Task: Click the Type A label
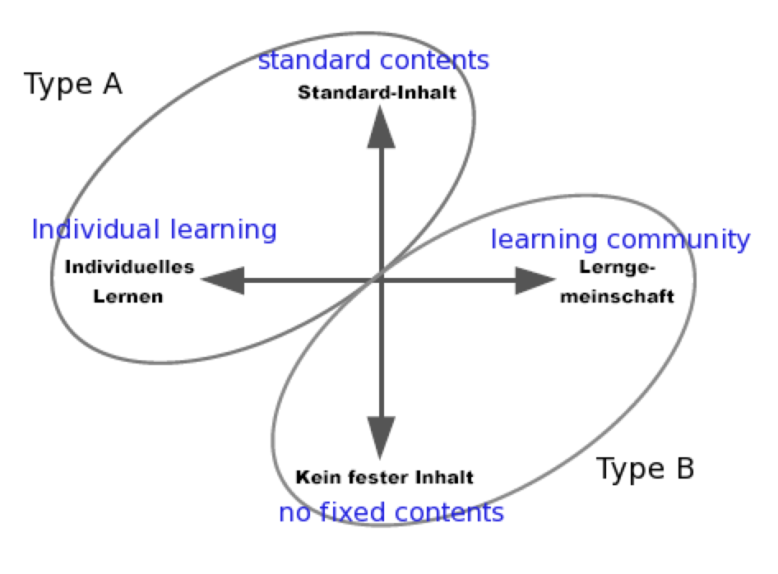[73, 84]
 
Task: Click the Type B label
[645, 469]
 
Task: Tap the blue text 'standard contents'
[373, 60]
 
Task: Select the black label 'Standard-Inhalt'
[377, 93]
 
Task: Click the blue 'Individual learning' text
[155, 229]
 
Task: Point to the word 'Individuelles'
[129, 267]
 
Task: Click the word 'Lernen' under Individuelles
[128, 296]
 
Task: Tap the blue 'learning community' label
[620, 239]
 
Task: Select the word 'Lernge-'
[618, 267]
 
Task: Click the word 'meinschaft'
[618, 296]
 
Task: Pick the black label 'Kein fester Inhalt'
[385, 477]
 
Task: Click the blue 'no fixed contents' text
[391, 512]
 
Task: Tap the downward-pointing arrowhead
[381, 437]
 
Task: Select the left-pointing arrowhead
[223, 280]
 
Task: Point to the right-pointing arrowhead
[535, 280]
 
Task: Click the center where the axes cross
[381, 280]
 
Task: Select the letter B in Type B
[685, 468]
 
